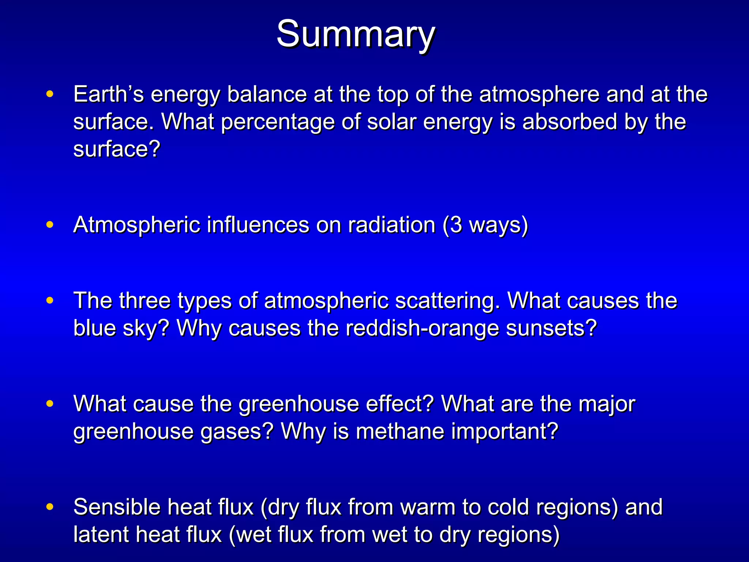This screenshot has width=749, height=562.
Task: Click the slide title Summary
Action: (x=355, y=34)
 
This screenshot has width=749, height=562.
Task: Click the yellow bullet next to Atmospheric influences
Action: (x=50, y=224)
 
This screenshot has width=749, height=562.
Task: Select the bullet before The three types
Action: (x=50, y=300)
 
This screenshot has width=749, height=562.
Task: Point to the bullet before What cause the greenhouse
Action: (x=50, y=404)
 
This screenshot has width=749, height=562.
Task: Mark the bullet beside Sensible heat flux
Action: (x=50, y=507)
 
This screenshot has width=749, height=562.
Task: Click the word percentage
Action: (x=278, y=123)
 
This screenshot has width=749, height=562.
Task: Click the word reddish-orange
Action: (x=422, y=328)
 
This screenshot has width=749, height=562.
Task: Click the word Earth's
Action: (x=109, y=94)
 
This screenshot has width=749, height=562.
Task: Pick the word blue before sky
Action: (x=94, y=328)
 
